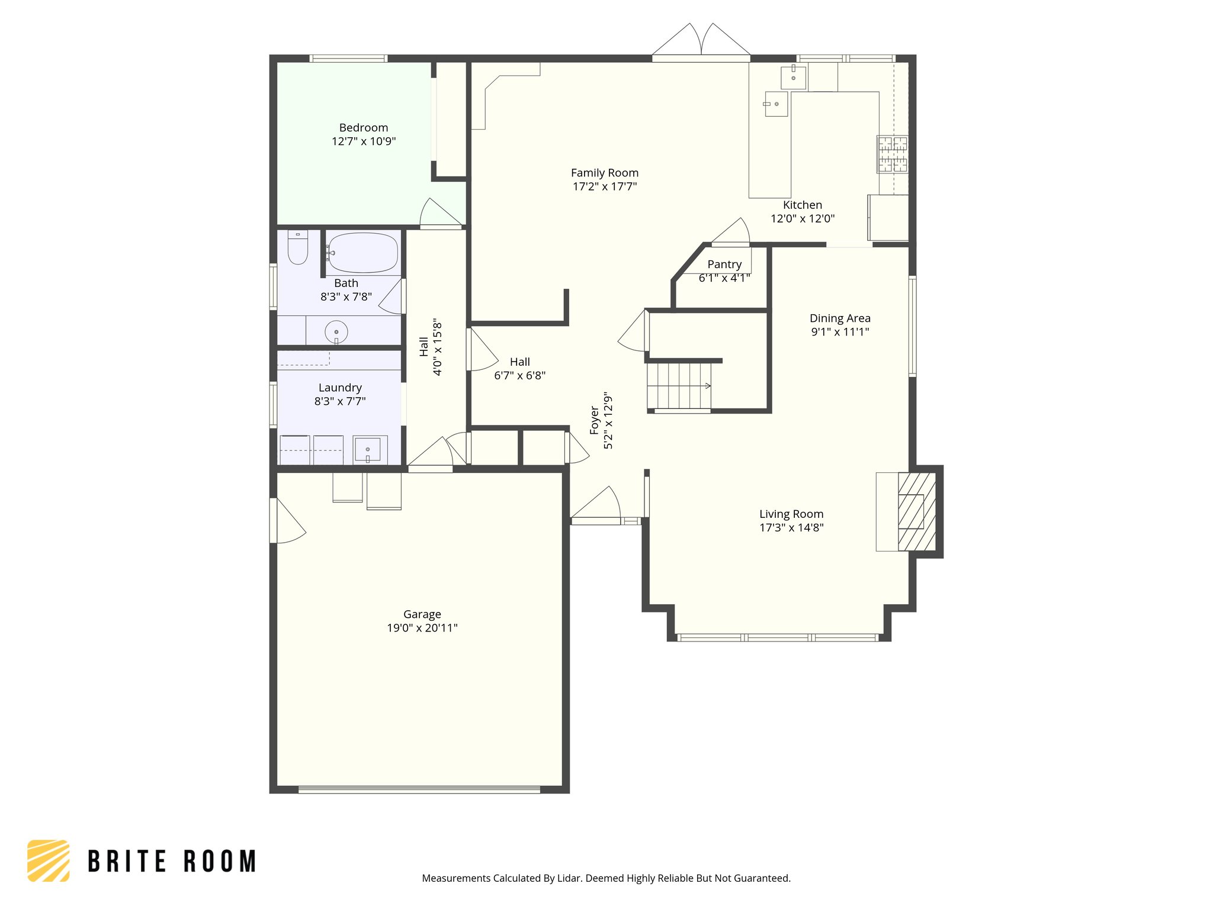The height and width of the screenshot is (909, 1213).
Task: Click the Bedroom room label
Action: (x=363, y=128)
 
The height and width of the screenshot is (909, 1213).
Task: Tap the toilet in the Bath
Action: (x=298, y=248)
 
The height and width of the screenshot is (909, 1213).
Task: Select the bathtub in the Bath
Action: (x=362, y=253)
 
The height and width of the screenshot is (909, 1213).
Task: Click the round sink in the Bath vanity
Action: (x=336, y=332)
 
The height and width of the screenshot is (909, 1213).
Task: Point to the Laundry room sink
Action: (x=367, y=450)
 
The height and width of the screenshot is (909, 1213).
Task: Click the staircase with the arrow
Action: (x=679, y=386)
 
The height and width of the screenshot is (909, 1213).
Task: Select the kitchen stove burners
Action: (x=892, y=154)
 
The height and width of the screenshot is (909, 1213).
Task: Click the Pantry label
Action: (x=724, y=265)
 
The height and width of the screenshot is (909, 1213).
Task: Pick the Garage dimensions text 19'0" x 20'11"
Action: (x=422, y=628)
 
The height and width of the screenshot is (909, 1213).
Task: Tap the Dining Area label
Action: (x=839, y=318)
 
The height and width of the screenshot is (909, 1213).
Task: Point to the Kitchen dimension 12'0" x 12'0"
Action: (x=802, y=218)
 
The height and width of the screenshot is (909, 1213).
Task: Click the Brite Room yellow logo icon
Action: (x=49, y=860)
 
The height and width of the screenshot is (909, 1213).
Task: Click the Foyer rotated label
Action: (x=595, y=420)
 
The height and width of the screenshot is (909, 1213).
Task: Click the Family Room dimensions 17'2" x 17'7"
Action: (x=604, y=186)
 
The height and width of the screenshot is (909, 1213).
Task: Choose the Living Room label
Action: (x=791, y=514)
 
